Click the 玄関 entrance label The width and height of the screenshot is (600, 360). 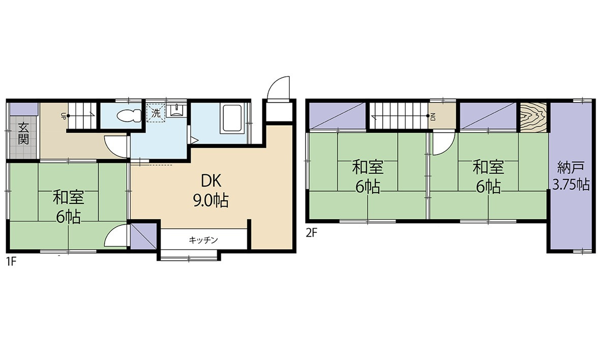coord(23,133)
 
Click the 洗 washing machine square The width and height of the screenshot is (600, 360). coord(156,113)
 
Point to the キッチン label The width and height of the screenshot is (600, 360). coord(203,240)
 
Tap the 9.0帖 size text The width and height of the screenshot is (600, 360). coord(210,200)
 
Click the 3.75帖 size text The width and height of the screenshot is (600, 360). coord(571,185)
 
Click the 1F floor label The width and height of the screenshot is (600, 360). coord(11,263)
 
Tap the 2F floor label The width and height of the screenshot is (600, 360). coord(312,232)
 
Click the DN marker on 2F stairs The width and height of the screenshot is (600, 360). coord(433,116)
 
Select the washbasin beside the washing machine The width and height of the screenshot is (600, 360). coord(176,110)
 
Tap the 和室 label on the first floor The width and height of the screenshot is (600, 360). coord(69,198)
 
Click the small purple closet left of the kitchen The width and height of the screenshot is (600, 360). coord(143,235)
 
